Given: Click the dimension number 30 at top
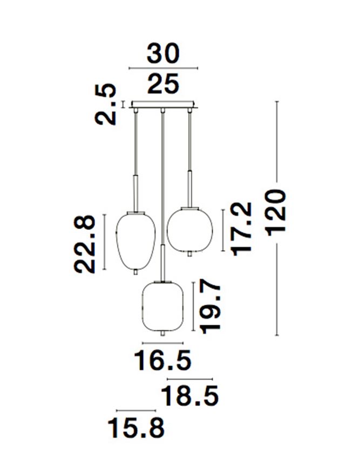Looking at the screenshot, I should pos(163,54).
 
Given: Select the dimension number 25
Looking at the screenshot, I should pos(163,84).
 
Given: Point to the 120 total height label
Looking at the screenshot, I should pos(276,211).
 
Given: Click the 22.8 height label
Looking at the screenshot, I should pos(86,244).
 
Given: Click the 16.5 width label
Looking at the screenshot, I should pos(162,360).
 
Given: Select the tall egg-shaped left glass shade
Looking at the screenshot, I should pos(136,241).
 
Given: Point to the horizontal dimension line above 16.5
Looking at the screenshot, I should pos(162,343).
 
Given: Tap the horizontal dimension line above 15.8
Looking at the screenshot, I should pos(135,410).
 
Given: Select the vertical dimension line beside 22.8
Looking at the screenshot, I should pos(104,241).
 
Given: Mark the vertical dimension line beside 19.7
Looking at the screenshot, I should pos(193,306).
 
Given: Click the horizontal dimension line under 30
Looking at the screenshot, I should pos(163,68).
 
